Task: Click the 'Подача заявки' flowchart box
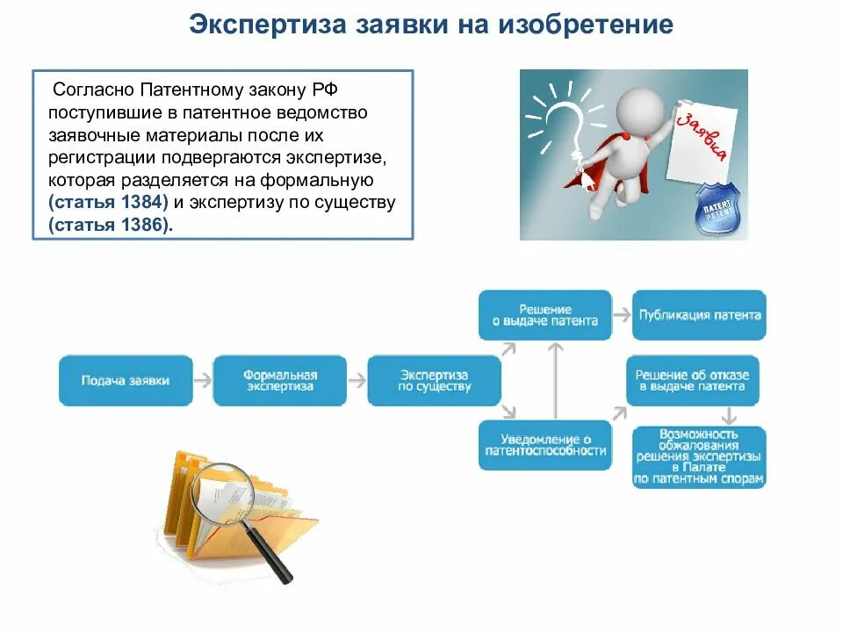pyautogui.click(x=126, y=380)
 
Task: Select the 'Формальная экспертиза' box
pyautogui.click(x=280, y=380)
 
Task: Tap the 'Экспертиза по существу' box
pyautogui.click(x=434, y=380)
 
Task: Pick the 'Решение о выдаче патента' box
pyautogui.click(x=544, y=315)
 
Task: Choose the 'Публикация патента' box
pyautogui.click(x=699, y=315)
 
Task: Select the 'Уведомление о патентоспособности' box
pyautogui.click(x=544, y=445)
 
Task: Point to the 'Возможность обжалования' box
pyautogui.click(x=699, y=457)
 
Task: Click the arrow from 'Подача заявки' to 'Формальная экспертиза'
pyautogui.click(x=203, y=380)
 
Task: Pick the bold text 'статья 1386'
pyautogui.click(x=108, y=226)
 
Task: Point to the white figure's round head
pyautogui.click(x=639, y=110)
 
